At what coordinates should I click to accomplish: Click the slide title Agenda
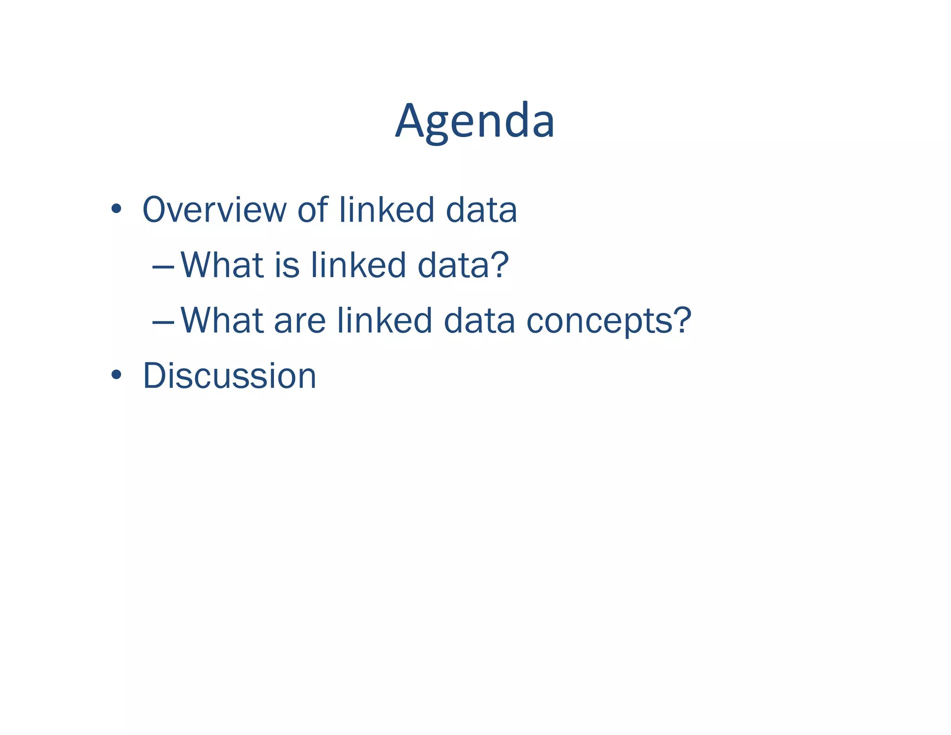point(475,122)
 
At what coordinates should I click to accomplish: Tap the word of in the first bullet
point(313,210)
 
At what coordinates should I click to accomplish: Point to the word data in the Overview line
point(481,210)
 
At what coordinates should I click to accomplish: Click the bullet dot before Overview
point(116,209)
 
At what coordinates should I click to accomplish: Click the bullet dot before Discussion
point(116,375)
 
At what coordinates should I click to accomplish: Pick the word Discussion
point(229,376)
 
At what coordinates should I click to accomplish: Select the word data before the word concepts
point(479,321)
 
